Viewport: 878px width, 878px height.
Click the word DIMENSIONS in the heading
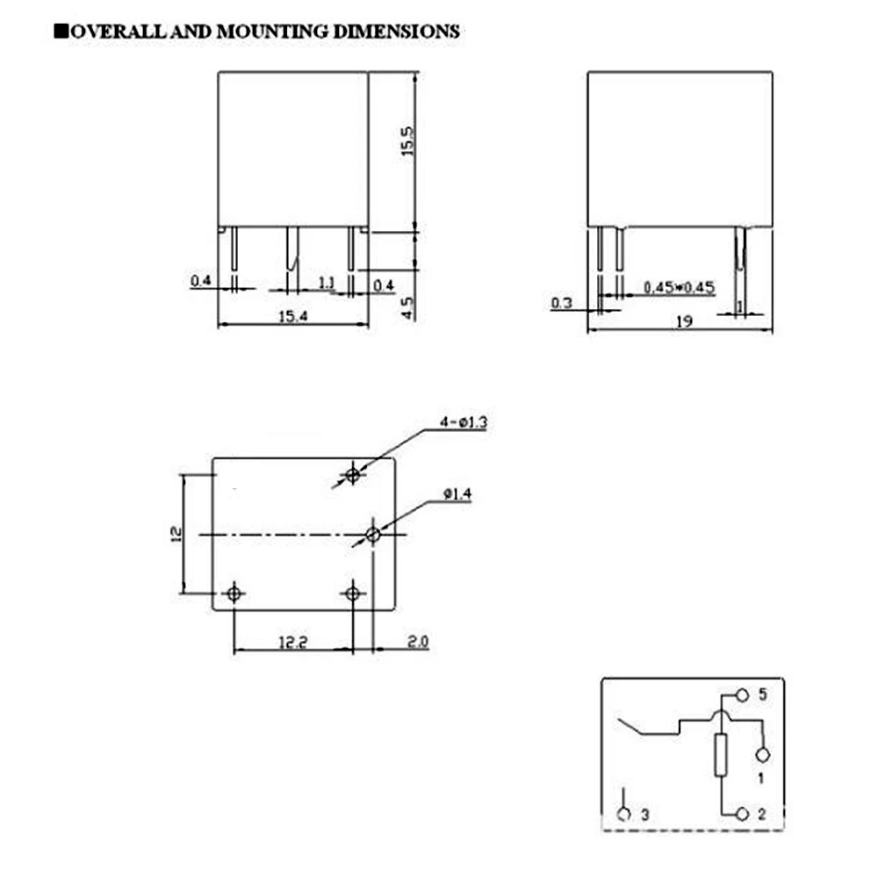397,32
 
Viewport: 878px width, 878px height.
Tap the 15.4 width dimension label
293,316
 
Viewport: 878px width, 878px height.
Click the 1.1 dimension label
327,284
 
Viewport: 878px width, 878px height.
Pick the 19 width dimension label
684,321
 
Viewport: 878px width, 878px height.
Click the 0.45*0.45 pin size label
680,287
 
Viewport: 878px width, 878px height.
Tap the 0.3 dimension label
562,303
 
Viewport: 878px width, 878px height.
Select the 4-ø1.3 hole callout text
464,422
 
